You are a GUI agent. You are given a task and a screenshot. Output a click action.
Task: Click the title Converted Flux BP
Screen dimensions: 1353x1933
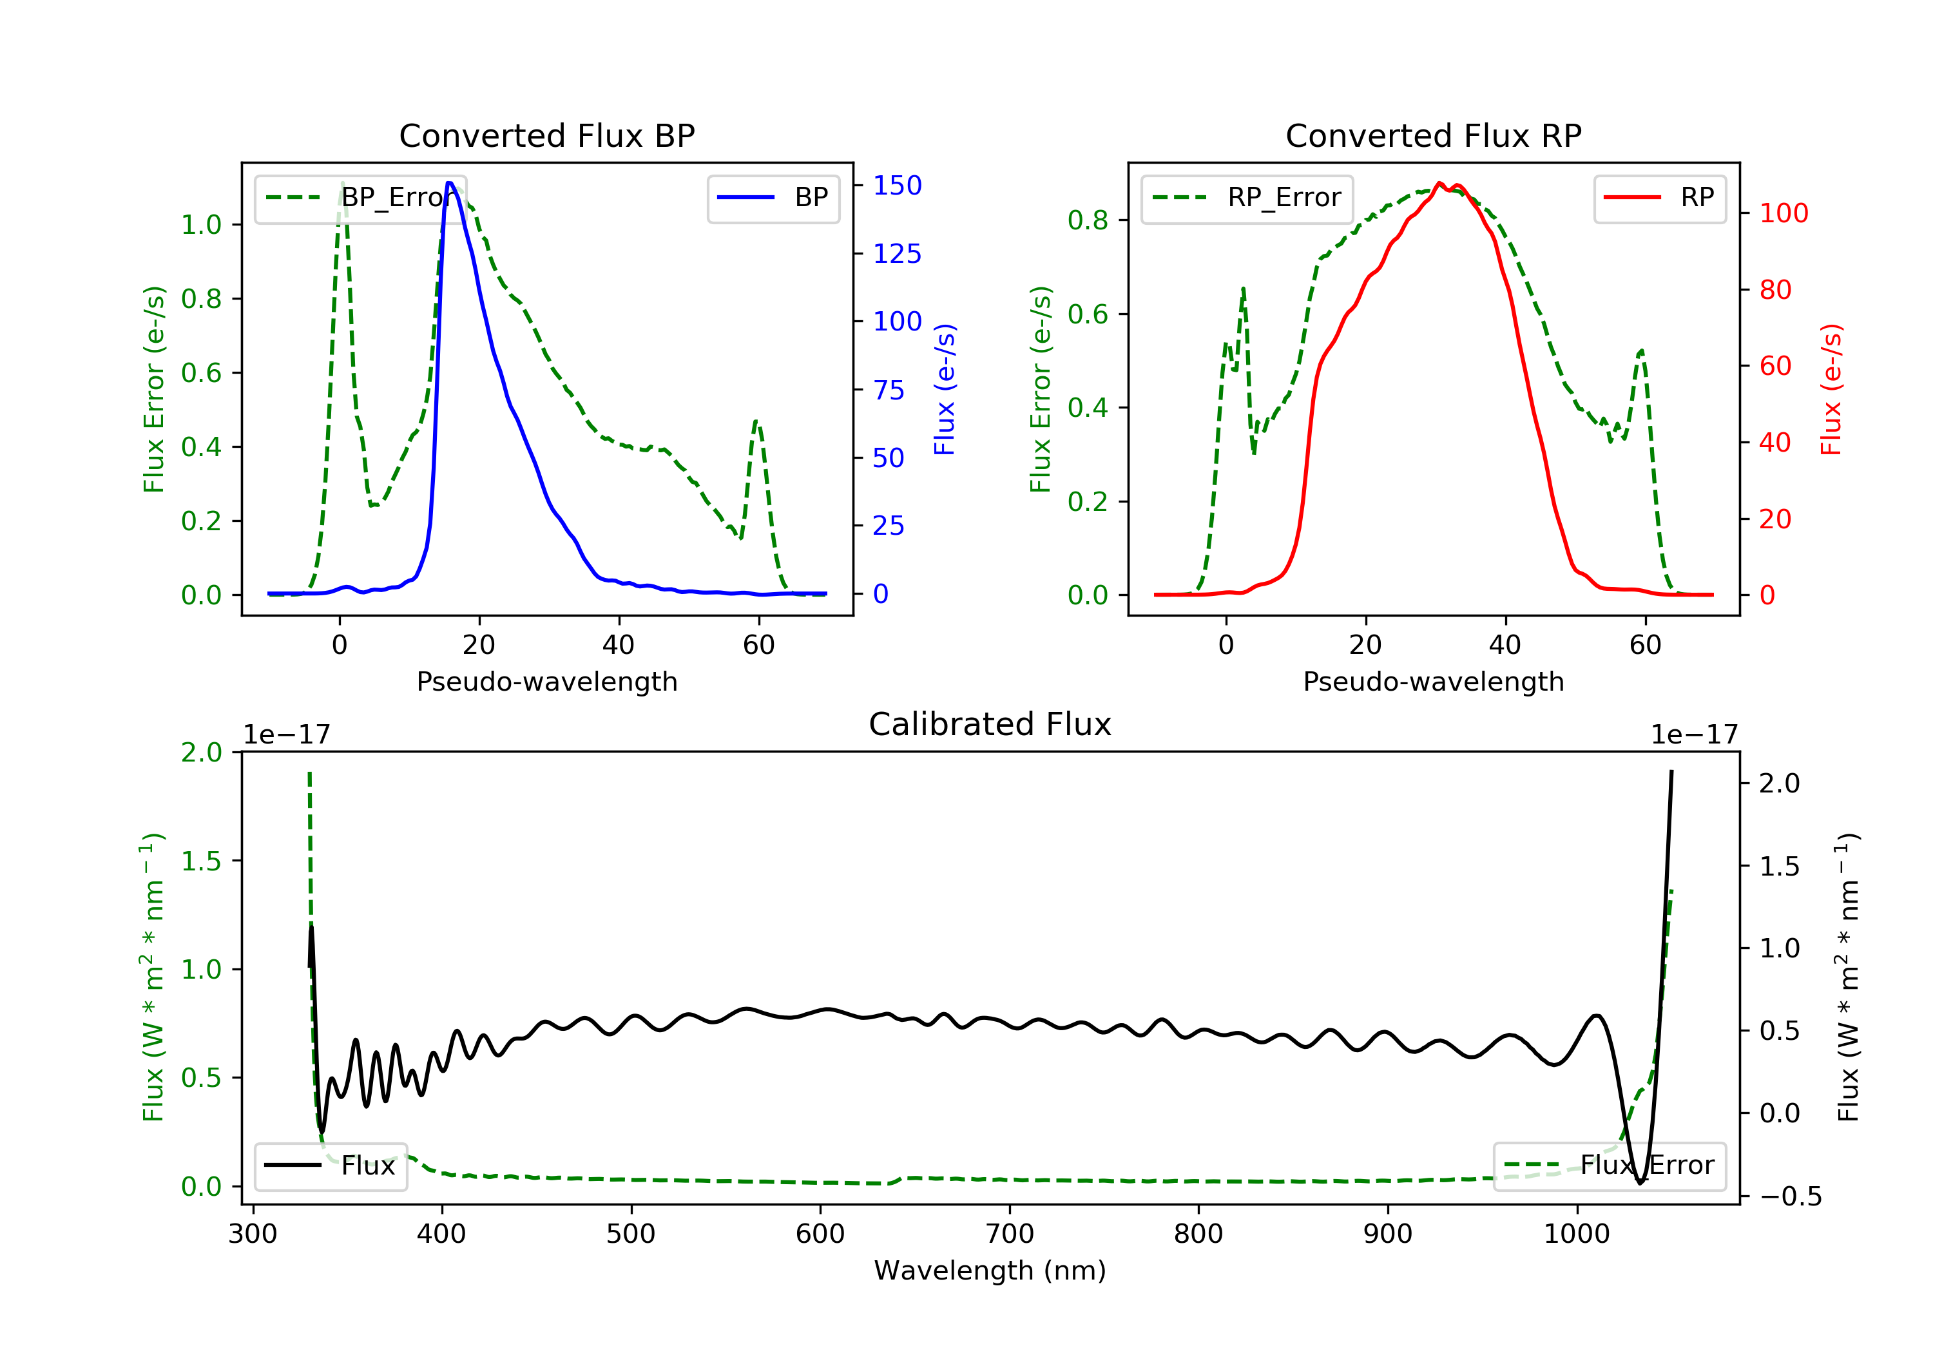[x=546, y=135]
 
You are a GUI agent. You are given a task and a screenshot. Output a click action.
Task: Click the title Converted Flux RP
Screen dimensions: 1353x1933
[x=1433, y=135]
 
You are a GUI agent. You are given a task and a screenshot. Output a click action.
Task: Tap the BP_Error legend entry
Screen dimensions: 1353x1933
[x=360, y=198]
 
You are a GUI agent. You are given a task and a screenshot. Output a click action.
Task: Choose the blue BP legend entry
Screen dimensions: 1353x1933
[x=773, y=198]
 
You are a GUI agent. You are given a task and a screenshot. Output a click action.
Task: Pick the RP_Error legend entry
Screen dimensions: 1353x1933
[x=1247, y=198]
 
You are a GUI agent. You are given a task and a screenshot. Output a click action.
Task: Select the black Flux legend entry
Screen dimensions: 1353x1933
[x=331, y=1166]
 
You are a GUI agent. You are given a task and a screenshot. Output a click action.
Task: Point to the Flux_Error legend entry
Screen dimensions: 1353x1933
[x=1610, y=1166]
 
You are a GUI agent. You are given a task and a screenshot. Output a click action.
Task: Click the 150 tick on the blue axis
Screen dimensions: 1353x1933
[x=897, y=185]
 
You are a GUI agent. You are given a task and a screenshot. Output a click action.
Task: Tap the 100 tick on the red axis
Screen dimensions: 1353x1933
[x=1783, y=213]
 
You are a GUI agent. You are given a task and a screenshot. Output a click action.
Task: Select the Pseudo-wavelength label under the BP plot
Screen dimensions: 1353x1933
[x=546, y=681]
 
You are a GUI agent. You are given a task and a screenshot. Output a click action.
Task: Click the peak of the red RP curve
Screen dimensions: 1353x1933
[x=1439, y=183]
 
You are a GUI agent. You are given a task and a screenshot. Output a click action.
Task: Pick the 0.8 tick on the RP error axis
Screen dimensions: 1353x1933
[x=1088, y=220]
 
